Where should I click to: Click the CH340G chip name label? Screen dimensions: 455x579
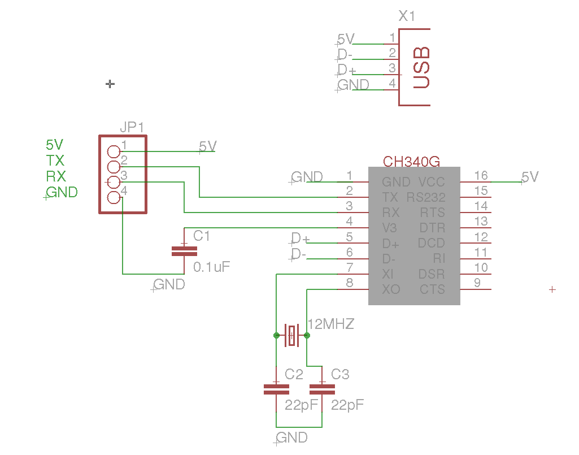pos(411,162)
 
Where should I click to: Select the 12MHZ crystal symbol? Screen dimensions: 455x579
pos(291,335)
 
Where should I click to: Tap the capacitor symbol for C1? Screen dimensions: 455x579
pos(184,251)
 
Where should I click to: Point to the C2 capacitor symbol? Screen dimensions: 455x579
pos(276,388)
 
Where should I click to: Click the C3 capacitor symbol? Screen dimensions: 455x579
pos(322,388)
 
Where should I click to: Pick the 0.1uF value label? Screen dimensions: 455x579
pos(212,267)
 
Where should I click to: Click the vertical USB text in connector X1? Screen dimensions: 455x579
pos(421,68)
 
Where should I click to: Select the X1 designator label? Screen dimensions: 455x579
pos(407,16)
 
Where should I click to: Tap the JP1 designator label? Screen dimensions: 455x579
pos(132,127)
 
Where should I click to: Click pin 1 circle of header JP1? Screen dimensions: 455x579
pos(114,151)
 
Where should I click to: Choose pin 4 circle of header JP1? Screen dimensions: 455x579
pos(114,197)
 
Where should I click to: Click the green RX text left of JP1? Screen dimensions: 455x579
pos(56,176)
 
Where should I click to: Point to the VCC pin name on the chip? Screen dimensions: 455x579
pos(432,182)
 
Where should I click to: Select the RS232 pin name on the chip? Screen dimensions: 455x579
pos(426,197)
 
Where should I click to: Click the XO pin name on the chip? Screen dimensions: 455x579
pos(390,289)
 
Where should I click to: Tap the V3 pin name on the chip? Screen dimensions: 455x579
pos(390,228)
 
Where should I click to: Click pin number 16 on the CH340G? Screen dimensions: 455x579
pos(481,175)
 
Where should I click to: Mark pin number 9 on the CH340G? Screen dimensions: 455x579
pos(477,283)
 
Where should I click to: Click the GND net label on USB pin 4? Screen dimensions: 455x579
pos(353,85)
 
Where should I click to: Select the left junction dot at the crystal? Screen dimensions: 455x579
pos(276,335)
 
